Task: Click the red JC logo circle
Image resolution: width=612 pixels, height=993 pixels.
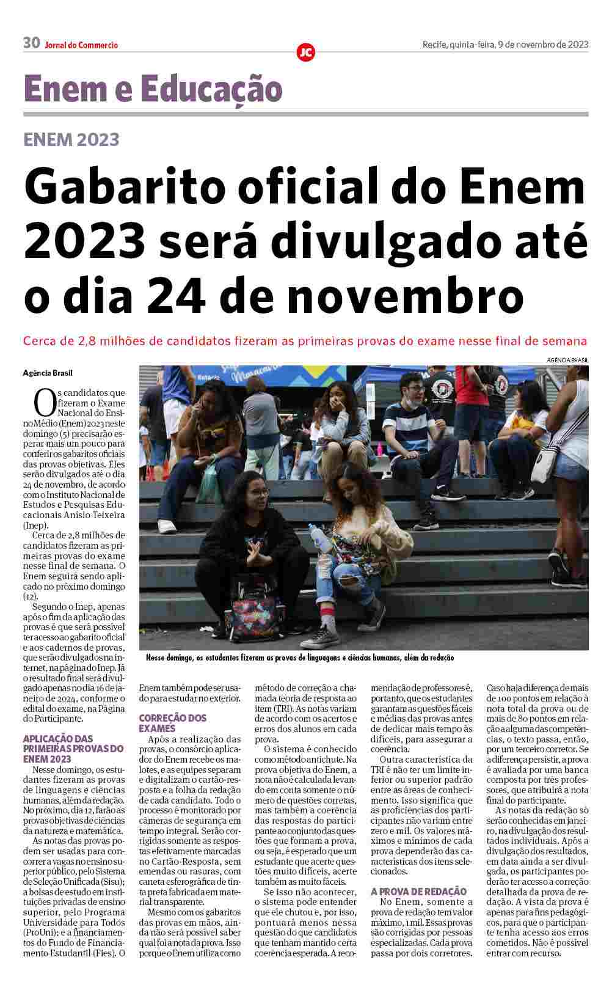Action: (305, 52)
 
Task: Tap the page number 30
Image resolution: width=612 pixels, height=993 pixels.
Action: (31, 43)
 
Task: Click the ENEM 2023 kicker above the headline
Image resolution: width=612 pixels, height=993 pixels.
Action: (71, 139)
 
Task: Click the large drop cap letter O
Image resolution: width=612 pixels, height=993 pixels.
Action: (44, 404)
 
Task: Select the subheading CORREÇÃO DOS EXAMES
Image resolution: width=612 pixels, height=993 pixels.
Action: (173, 723)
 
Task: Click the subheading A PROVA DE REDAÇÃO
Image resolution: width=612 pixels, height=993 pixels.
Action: (418, 892)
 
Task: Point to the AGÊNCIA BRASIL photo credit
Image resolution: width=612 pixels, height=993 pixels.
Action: (567, 361)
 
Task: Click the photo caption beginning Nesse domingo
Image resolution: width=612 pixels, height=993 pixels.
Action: (300, 658)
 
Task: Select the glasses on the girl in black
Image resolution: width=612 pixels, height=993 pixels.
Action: (259, 493)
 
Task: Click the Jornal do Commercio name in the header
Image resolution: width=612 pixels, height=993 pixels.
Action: (81, 45)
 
